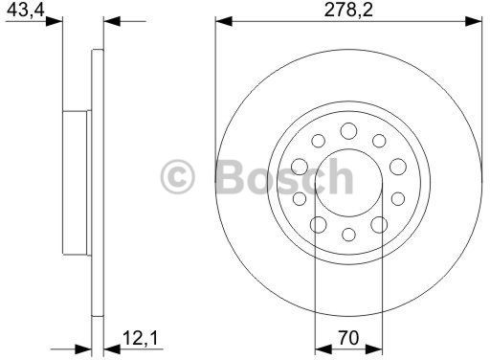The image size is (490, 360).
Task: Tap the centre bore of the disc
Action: coord(347,181)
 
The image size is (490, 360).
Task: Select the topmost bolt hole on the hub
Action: coord(348,130)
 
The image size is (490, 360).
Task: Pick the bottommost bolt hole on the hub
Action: coord(348,233)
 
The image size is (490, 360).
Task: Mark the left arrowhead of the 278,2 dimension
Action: coord(222,20)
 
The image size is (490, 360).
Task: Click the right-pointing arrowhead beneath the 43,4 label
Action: coord(56,20)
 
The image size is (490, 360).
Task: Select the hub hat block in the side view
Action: coord(77,181)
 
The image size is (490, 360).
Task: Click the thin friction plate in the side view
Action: coord(96,181)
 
